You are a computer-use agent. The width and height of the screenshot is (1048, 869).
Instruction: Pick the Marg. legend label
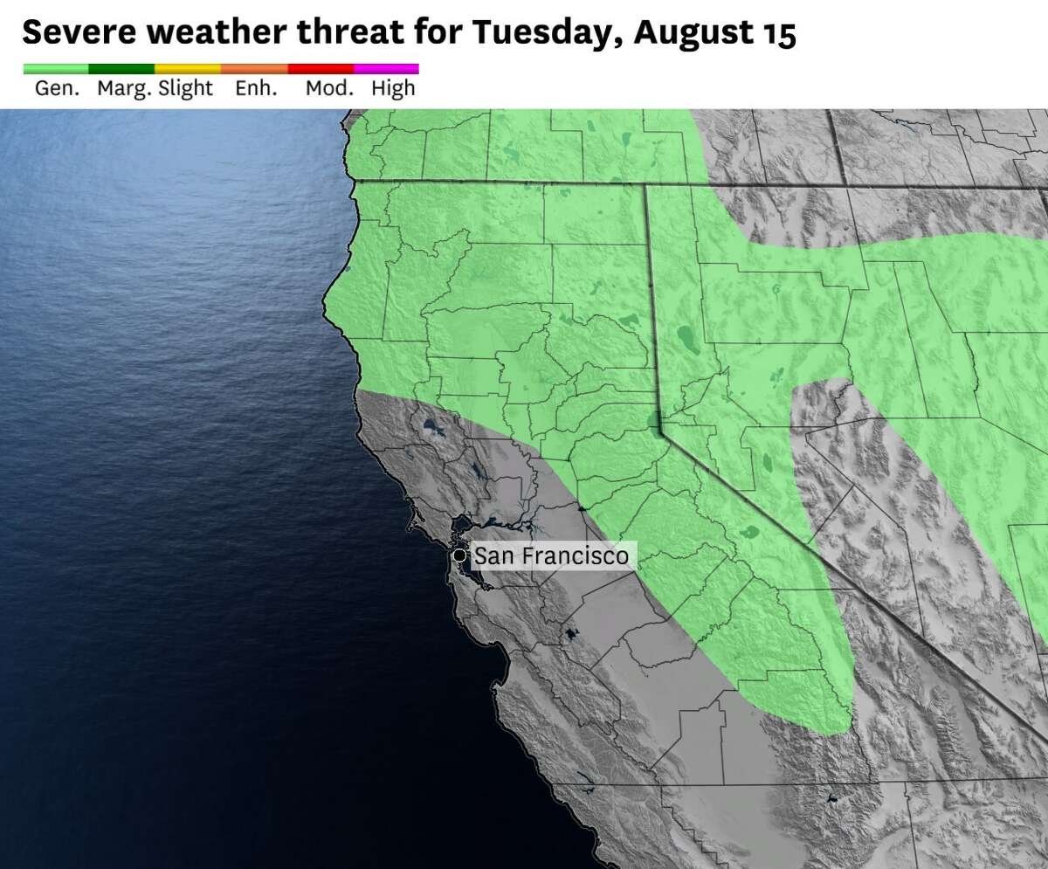pos(124,88)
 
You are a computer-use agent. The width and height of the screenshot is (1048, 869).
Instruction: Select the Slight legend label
pos(185,88)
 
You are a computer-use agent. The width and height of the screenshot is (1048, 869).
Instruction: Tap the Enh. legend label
pos(256,88)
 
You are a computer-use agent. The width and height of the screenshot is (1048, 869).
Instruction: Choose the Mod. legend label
pos(329,88)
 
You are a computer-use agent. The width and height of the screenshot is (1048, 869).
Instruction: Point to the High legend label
pos(393,88)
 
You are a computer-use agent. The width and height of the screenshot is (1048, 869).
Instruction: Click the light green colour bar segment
pos(55,68)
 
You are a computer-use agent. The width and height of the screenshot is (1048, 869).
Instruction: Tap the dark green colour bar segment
pos(121,68)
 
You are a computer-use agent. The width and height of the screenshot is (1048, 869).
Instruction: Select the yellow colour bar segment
pos(188,68)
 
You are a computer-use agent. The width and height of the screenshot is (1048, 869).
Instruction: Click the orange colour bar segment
pos(254,68)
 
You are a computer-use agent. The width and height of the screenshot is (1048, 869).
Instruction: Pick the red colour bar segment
pos(321,68)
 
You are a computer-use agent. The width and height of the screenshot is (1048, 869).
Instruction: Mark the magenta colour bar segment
pos(386,68)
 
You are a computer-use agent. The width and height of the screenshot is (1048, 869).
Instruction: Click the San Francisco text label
pos(550,555)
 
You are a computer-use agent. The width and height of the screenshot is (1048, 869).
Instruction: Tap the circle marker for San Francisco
pos(458,555)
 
